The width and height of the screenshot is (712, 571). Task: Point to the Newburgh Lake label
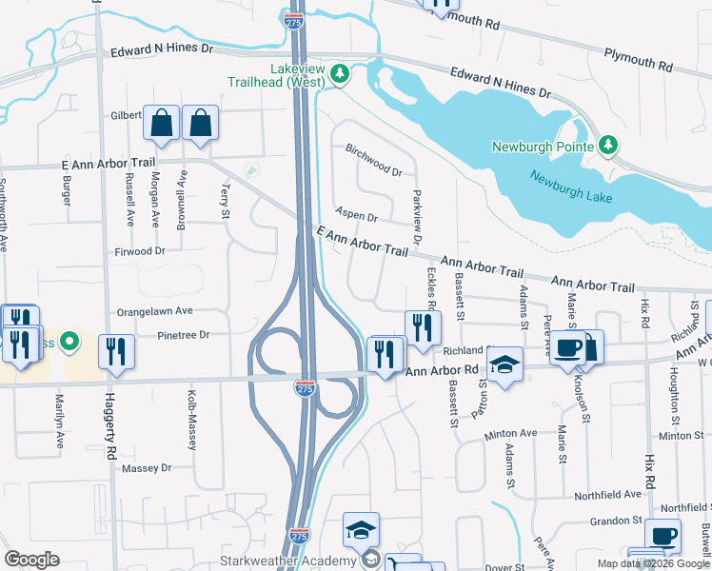pos(571,187)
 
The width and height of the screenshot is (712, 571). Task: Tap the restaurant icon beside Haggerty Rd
pos(116,350)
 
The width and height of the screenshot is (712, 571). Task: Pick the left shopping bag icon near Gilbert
pos(162,122)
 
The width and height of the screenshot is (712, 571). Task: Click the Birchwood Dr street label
pos(374,160)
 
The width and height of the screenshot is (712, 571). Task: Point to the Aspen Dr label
pos(357,216)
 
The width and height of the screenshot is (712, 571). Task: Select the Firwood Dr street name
pos(141,251)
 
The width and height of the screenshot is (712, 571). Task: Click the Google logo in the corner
pos(32,560)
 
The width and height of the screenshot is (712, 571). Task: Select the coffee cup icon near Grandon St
pos(663,535)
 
